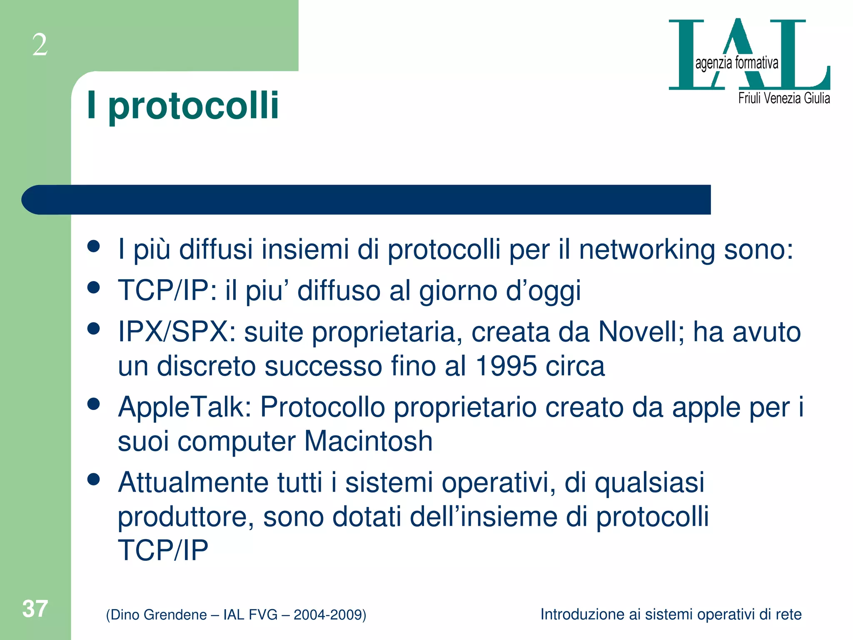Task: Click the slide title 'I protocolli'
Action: (182, 106)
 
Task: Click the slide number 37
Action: (35, 609)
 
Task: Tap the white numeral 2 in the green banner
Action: (40, 45)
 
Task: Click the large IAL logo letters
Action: (749, 54)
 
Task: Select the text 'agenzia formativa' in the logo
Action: (736, 63)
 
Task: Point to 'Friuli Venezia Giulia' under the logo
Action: (784, 98)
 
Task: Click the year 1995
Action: (506, 366)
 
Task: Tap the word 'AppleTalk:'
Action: (185, 407)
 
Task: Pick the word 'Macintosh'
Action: (369, 441)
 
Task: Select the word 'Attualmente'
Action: (193, 482)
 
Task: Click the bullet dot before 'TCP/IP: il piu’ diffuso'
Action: (94, 287)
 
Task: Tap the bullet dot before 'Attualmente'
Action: (94, 480)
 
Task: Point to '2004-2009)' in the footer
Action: (330, 615)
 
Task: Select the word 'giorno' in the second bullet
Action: (458, 291)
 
